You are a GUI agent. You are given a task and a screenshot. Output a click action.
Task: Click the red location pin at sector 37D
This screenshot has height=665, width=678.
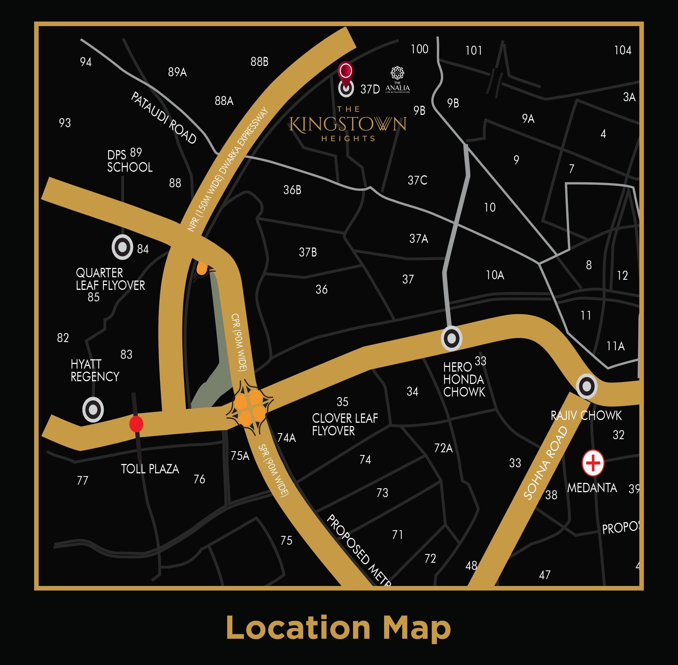pos(346,72)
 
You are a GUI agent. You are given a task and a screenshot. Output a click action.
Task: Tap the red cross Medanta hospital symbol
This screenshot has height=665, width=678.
pos(593,463)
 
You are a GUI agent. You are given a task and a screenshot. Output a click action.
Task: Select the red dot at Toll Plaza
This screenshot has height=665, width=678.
pos(136,424)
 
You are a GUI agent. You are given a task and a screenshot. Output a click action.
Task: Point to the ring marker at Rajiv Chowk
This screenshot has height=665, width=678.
pos(586,386)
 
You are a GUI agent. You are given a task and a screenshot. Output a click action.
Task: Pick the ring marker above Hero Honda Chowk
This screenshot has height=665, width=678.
pos(451,339)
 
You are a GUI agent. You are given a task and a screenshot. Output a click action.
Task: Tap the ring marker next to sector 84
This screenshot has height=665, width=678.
pos(122,247)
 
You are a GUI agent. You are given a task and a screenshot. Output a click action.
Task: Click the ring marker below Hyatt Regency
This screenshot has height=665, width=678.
pos(93,409)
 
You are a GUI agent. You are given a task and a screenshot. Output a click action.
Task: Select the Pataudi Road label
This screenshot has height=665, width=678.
pos(163,118)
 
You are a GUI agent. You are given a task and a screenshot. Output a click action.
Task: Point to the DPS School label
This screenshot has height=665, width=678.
pos(130,161)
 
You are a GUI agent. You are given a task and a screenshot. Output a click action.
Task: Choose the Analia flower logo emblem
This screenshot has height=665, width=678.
pos(397,73)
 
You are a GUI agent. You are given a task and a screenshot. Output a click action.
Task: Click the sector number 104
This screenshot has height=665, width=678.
pos(623,50)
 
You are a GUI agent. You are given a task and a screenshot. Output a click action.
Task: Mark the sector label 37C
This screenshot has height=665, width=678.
pos(417,180)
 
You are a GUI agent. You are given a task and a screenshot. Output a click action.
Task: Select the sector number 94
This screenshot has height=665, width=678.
pos(86,62)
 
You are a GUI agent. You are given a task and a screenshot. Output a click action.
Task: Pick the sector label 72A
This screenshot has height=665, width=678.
pos(443,448)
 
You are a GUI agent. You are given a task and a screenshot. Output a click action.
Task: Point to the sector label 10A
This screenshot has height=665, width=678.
pos(495,275)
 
